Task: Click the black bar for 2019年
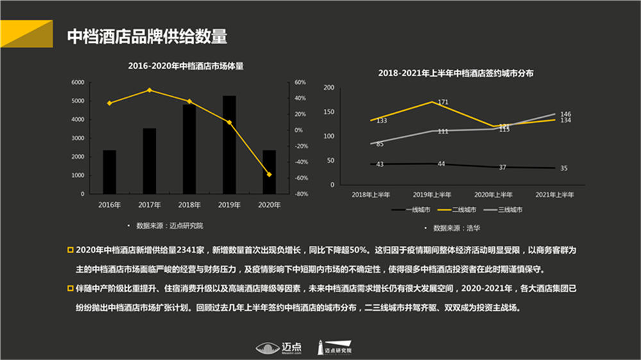pos(229,144)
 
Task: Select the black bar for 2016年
pos(110,172)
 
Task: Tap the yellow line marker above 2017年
pos(149,90)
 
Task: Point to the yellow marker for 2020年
pos(269,174)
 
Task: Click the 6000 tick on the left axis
pos(77,83)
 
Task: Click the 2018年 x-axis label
pos(189,205)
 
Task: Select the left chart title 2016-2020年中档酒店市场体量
pos(186,65)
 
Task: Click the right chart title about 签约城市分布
pos(456,74)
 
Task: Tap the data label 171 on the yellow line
pos(442,102)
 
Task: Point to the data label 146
pos(565,114)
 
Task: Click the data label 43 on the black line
pos(379,165)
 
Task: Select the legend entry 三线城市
pos(504,209)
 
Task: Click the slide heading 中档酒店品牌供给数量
pos(147,37)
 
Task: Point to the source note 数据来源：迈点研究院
pos(169,226)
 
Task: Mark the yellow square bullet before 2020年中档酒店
pos(71,249)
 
